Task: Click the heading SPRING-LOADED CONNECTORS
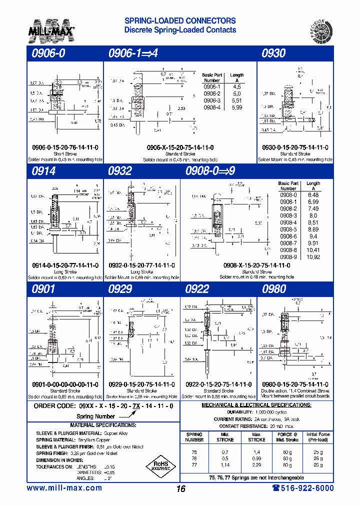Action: point(179,21)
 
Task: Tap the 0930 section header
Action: point(273,53)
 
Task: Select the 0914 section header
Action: point(43,171)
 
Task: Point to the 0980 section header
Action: point(273,288)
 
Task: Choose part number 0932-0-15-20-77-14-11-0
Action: point(141,265)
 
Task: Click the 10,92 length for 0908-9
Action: point(312,257)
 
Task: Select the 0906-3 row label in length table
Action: point(212,100)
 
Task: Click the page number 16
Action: point(180,488)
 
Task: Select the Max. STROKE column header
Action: point(256,437)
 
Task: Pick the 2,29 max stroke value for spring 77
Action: point(256,464)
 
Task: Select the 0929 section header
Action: point(120,288)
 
